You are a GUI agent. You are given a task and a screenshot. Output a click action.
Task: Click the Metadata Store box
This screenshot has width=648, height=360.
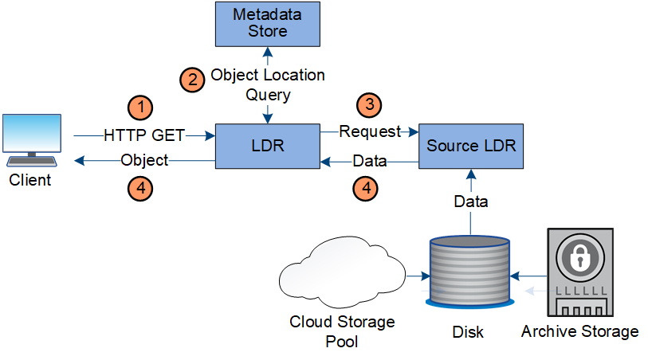pyautogui.click(x=268, y=24)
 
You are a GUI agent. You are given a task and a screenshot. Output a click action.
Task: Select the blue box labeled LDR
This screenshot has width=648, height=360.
pyautogui.click(x=268, y=146)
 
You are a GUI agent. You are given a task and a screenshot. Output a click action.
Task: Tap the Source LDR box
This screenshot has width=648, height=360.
pyautogui.click(x=471, y=146)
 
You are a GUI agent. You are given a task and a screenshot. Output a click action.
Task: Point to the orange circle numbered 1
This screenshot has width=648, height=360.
pyautogui.click(x=140, y=106)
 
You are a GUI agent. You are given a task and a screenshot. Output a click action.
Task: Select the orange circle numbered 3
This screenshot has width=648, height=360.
pyautogui.click(x=369, y=104)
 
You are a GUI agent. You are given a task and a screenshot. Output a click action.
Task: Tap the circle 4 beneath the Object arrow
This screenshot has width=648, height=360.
pyautogui.click(x=140, y=189)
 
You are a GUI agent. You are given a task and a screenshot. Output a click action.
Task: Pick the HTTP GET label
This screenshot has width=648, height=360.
pyautogui.click(x=144, y=135)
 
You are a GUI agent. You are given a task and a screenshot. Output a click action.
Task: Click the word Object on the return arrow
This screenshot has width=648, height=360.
pyautogui.click(x=144, y=160)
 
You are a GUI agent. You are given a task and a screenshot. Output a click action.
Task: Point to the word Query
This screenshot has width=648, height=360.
pyautogui.click(x=267, y=95)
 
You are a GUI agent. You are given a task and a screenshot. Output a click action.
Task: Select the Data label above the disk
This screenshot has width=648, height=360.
pyautogui.click(x=471, y=202)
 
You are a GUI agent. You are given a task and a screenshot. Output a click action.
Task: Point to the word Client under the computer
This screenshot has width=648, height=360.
pyautogui.click(x=30, y=180)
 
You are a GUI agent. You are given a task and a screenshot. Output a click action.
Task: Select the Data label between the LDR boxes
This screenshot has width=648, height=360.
pyautogui.click(x=369, y=161)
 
